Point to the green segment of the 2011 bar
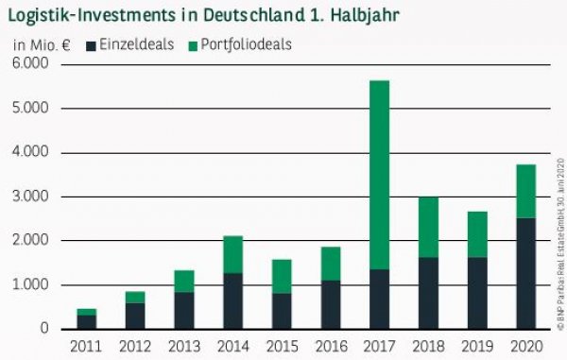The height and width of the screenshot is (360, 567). pyautogui.click(x=87, y=312)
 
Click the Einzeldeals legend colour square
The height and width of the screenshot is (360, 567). pyautogui.click(x=92, y=44)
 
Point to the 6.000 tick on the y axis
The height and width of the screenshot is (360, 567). pyautogui.click(x=33, y=64)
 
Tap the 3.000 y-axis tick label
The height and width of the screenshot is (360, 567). pyautogui.click(x=33, y=197)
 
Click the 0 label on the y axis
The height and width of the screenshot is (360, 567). pyautogui.click(x=44, y=329)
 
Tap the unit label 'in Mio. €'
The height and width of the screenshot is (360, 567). pyautogui.click(x=41, y=44)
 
